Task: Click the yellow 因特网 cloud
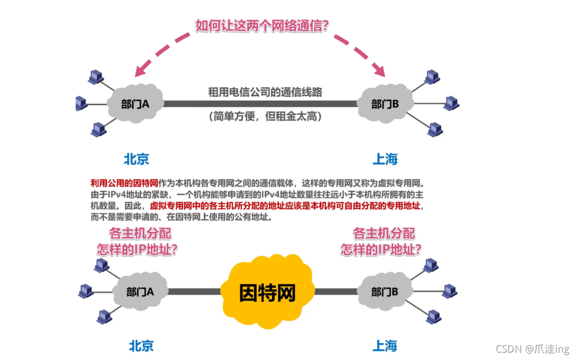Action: pyautogui.click(x=267, y=292)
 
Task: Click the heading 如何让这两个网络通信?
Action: pyautogui.click(x=262, y=25)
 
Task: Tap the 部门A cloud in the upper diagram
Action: pyautogui.click(x=135, y=104)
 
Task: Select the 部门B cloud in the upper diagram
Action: pyautogui.click(x=385, y=104)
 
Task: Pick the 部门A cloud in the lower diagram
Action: pyautogui.click(x=140, y=292)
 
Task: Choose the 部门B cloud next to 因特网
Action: pyautogui.click(x=385, y=292)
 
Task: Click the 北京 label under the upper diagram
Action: pyautogui.click(x=137, y=158)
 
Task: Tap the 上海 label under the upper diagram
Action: pyautogui.click(x=385, y=158)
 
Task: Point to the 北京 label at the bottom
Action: pyautogui.click(x=141, y=345)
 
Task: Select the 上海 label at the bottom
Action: pyautogui.click(x=385, y=345)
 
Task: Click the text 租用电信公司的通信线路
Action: pyautogui.click(x=265, y=91)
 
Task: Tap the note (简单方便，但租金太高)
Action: pyautogui.click(x=265, y=116)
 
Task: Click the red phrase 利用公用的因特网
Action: pyautogui.click(x=125, y=183)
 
